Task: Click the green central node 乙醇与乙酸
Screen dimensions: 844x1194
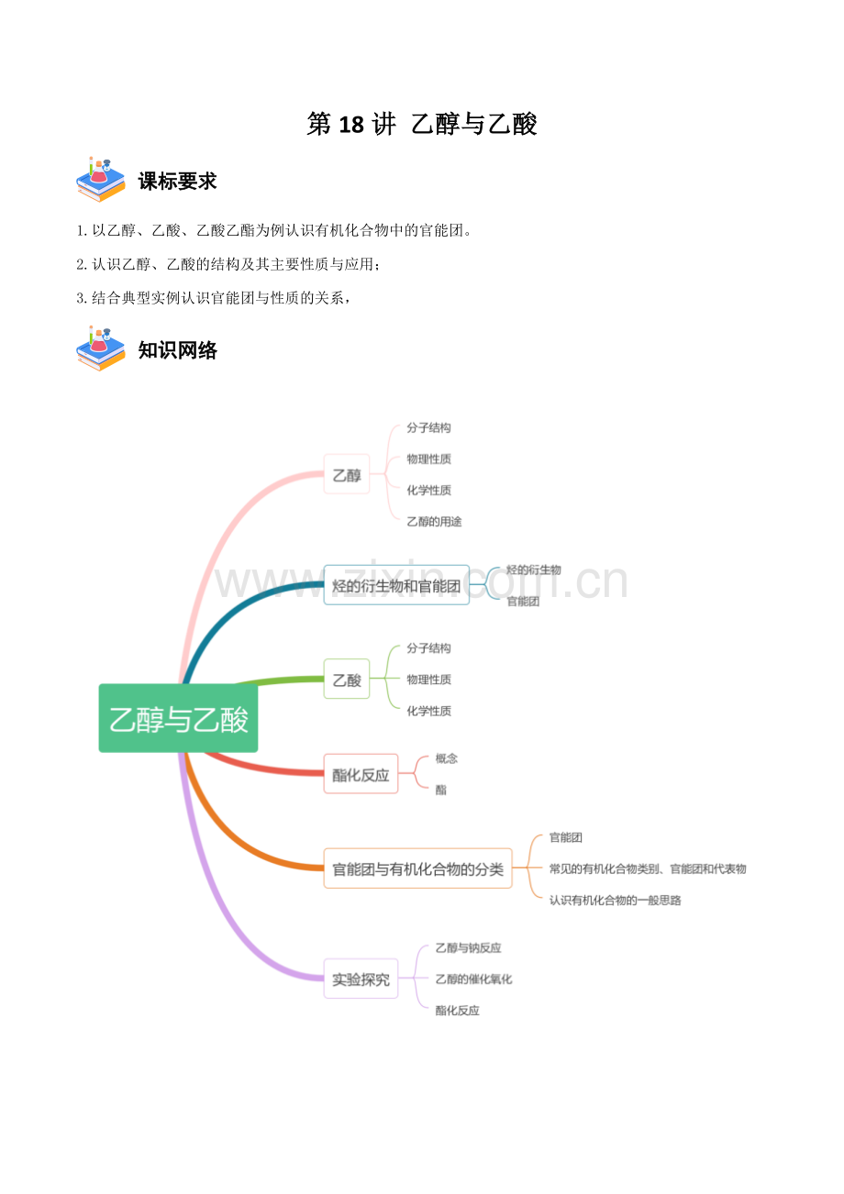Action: pyautogui.click(x=178, y=718)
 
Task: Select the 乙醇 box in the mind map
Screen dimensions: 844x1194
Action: pyautogui.click(x=347, y=474)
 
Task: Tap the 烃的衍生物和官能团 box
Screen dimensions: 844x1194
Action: pyautogui.click(x=396, y=585)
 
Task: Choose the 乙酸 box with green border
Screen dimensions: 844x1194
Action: pyautogui.click(x=347, y=679)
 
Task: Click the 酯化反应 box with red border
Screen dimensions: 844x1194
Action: pyautogui.click(x=361, y=773)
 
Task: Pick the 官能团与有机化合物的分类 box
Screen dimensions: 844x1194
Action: pyautogui.click(x=417, y=868)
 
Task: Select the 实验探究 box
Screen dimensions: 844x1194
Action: pyautogui.click(x=361, y=978)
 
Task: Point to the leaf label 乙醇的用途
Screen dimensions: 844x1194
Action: pyautogui.click(x=434, y=521)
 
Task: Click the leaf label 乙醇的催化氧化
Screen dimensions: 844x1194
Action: pyautogui.click(x=473, y=978)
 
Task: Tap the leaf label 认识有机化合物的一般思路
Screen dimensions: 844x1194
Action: pyautogui.click(x=615, y=900)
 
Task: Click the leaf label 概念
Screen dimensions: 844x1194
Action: pyautogui.click(x=446, y=758)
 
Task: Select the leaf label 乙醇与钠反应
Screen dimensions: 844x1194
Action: pyautogui.click(x=468, y=947)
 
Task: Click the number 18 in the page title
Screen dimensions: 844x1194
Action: pyautogui.click(x=351, y=125)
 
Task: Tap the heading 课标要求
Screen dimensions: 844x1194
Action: pyautogui.click(x=178, y=182)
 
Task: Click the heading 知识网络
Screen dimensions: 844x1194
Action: pyautogui.click(x=178, y=350)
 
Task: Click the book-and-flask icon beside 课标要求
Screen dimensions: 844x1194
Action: pyautogui.click(x=101, y=179)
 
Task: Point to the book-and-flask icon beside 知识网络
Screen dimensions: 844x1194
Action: pyautogui.click(x=101, y=348)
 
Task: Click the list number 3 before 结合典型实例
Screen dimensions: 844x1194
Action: pyautogui.click(x=81, y=298)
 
